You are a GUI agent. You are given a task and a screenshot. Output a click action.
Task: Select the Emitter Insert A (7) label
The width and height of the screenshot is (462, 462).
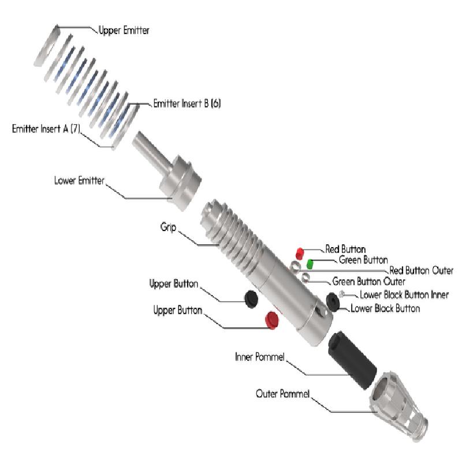click(x=46, y=128)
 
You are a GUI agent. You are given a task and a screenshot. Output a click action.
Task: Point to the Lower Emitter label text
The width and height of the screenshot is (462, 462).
click(x=79, y=181)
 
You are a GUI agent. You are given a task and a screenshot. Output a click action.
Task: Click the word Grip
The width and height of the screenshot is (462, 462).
click(x=168, y=227)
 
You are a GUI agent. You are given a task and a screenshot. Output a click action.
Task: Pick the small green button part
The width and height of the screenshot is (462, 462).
click(x=310, y=264)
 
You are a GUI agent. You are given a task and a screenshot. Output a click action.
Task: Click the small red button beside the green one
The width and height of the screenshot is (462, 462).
click(x=300, y=253)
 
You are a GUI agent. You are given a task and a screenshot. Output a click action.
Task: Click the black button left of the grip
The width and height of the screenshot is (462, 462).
click(x=251, y=298)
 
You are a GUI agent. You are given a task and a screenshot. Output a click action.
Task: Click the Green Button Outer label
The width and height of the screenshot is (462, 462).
click(x=368, y=282)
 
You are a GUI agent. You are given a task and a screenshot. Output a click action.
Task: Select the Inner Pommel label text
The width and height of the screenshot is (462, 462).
click(x=260, y=357)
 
